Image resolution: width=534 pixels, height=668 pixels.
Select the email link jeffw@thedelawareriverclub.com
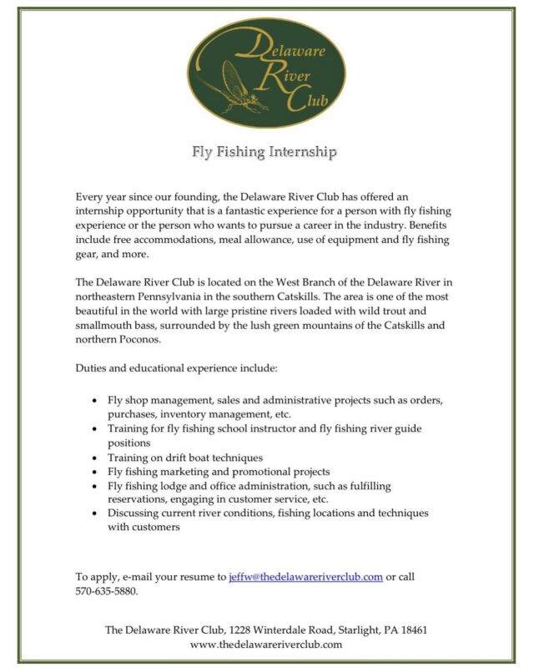click(305, 576)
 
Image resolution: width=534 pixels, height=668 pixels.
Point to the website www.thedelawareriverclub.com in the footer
click(266, 645)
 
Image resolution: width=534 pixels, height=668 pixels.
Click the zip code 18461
click(414, 630)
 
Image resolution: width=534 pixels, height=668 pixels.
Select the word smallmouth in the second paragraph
click(104, 327)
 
